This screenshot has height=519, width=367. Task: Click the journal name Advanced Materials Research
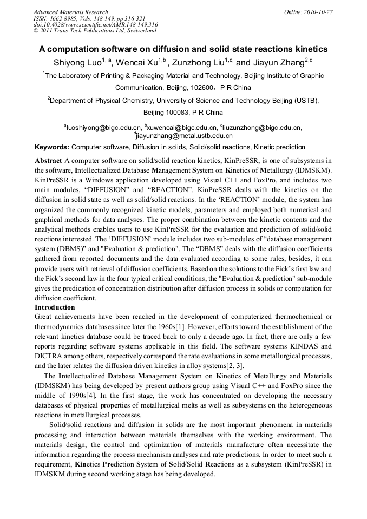pyautogui.click(x=70, y=12)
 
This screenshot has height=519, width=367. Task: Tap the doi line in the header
pyautogui.click(x=95, y=25)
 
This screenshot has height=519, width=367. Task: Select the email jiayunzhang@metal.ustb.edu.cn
pyautogui.click(x=184, y=136)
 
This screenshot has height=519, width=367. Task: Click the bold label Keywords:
pyautogui.click(x=52, y=147)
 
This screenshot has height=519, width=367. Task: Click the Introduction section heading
pyautogui.click(x=55, y=307)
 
